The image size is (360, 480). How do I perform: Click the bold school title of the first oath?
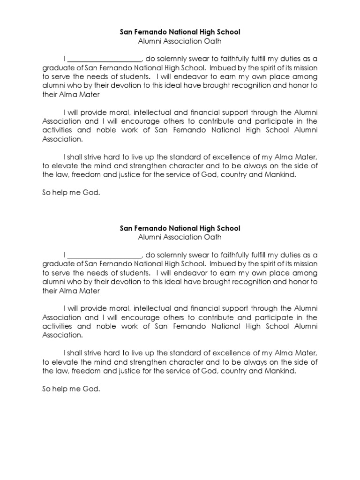pyautogui.click(x=180, y=32)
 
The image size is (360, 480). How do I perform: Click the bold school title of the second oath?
pyautogui.click(x=180, y=228)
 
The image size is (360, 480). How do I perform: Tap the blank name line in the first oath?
pyautogui.click(x=105, y=60)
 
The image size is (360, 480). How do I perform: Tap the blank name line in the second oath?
pyautogui.click(x=105, y=255)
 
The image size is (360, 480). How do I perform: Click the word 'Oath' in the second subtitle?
pyautogui.click(x=213, y=237)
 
